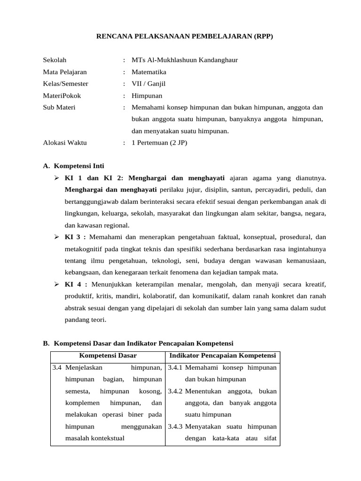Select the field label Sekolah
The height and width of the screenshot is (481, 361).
click(55, 60)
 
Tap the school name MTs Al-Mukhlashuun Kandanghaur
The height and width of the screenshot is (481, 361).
click(185, 60)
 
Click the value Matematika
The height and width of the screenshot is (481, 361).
click(149, 72)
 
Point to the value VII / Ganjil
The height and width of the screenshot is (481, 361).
click(149, 84)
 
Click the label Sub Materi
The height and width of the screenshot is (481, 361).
click(59, 107)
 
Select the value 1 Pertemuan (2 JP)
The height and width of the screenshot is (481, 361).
click(159, 143)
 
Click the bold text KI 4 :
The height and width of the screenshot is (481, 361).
click(76, 285)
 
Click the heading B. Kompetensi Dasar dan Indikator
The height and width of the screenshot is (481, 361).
click(141, 343)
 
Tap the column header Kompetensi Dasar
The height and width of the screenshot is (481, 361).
click(108, 356)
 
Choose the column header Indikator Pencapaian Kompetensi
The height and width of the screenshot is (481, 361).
click(223, 356)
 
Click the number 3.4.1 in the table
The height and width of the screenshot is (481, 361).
click(175, 368)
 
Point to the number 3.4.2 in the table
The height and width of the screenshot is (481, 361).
click(175, 391)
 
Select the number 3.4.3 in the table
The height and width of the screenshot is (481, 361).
click(175, 427)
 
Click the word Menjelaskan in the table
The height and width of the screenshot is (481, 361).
click(85, 368)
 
